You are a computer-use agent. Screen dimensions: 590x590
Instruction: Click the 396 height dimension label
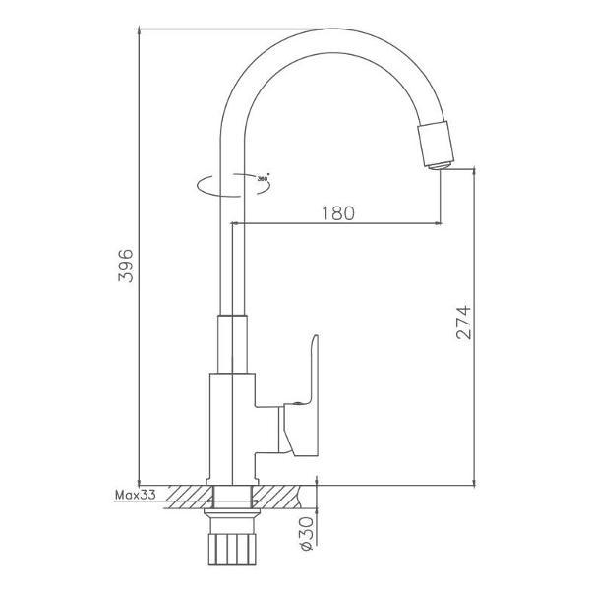point(126,265)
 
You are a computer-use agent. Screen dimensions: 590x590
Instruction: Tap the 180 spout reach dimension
point(338,213)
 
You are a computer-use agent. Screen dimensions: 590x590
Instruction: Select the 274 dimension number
point(463,323)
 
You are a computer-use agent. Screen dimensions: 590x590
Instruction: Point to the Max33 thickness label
point(135,495)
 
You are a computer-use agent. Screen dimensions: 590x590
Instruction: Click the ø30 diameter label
point(307,534)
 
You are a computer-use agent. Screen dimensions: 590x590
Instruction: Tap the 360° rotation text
point(263,178)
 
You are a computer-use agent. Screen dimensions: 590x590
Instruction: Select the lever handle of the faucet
point(302,399)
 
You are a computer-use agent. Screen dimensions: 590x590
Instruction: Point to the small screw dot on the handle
point(297,404)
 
